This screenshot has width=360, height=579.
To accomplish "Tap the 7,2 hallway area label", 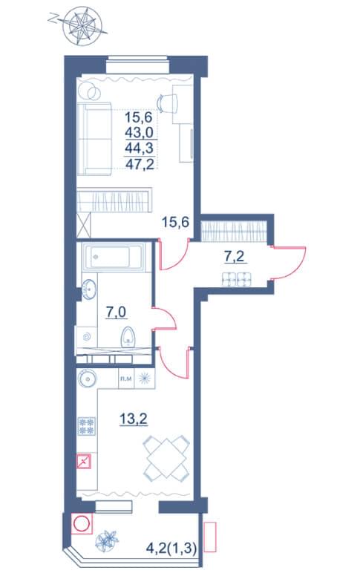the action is point(235,256).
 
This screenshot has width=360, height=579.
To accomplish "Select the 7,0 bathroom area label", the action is point(116,313).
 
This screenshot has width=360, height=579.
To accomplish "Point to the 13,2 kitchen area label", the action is point(134,419).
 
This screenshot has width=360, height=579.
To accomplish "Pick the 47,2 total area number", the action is point(140,164).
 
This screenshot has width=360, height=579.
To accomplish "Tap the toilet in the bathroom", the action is point(128,337).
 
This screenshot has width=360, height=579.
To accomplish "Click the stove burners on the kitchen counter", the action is point(87,426).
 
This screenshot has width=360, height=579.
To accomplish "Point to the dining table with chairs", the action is point(166,458).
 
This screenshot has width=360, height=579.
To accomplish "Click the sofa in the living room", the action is point(94,139).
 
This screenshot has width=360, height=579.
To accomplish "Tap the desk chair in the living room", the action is point(168,102).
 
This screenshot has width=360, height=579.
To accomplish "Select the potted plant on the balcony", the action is point(107,541).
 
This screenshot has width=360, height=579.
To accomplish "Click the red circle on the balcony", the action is point(81,524).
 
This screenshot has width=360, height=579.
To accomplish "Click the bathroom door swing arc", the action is point(168,318).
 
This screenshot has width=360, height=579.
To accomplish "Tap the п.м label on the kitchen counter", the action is point(126,379).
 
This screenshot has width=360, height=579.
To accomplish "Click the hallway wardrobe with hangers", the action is point(234,230).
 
